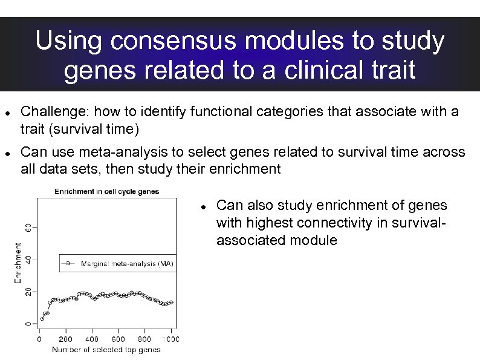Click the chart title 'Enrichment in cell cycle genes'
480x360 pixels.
coord(107,192)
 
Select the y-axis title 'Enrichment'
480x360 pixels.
coord(18,263)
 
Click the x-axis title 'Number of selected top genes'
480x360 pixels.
coord(106,350)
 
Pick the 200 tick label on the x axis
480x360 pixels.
coord(65,339)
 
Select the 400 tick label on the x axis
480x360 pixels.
coord(92,339)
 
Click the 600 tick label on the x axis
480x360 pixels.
coord(118,339)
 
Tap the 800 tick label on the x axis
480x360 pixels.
coord(144,339)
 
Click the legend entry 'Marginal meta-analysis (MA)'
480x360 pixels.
coord(126,264)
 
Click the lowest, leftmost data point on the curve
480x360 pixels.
coord(42,318)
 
